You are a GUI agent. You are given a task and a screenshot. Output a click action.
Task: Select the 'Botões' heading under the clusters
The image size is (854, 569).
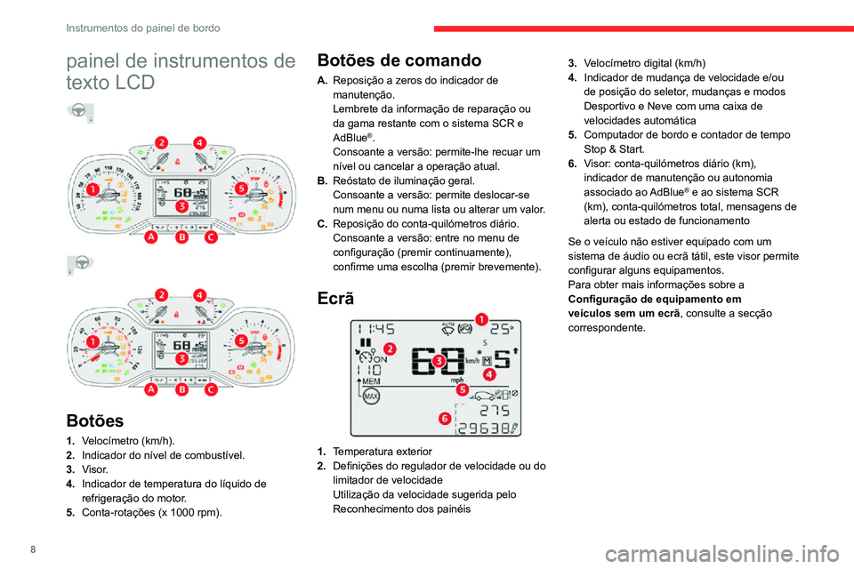94,419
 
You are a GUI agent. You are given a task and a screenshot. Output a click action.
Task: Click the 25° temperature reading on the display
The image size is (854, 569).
501,327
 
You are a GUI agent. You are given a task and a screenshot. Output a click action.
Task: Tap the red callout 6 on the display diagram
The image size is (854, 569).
444,418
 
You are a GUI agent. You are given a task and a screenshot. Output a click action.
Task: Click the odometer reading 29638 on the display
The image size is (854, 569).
487,429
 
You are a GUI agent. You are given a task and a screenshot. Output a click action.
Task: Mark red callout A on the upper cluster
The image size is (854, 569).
152,238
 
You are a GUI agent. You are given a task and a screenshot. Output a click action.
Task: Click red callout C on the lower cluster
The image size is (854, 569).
211,389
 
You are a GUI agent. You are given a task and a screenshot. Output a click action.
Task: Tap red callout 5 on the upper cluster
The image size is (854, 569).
241,188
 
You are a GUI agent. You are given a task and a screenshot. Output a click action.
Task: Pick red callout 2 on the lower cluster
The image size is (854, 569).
161,294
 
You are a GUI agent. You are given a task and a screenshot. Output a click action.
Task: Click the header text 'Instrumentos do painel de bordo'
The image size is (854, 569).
142,28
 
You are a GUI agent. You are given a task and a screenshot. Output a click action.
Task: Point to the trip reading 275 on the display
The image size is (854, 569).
495,412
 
